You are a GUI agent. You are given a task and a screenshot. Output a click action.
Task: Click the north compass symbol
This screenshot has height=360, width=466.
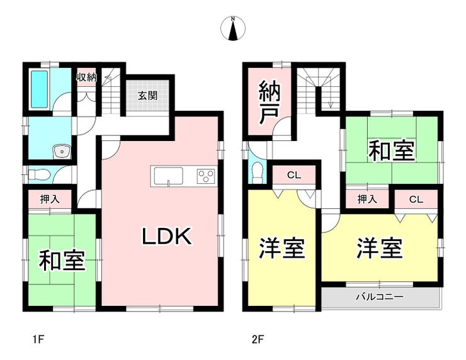click(x=233, y=30)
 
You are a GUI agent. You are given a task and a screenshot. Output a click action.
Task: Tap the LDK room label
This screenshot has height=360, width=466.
click(x=165, y=237)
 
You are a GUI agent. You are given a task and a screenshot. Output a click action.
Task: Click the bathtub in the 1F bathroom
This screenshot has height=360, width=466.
click(x=38, y=90)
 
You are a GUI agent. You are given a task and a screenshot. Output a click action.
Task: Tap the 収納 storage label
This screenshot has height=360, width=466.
click(x=86, y=77)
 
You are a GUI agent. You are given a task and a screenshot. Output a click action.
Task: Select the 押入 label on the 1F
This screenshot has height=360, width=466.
click(x=50, y=200)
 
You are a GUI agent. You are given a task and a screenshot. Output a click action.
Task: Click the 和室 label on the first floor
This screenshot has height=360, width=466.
click(x=62, y=260)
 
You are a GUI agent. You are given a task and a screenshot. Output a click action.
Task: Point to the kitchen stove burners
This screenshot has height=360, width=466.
click(x=205, y=176)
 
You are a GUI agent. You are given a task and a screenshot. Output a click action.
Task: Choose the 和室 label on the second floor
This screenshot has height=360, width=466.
click(x=391, y=151)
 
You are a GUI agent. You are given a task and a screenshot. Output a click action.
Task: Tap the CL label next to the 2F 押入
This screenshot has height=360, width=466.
click(x=415, y=200)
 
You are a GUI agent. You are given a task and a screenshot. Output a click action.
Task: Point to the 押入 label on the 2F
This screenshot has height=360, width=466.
click(x=367, y=200)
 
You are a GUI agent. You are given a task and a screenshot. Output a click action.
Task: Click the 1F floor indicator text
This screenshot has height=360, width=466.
click(x=38, y=340)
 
